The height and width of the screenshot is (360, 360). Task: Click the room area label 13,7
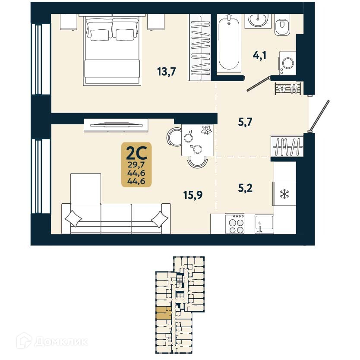pyautogui.click(x=166, y=72)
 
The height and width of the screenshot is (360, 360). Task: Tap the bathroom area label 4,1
pyautogui.click(x=259, y=55)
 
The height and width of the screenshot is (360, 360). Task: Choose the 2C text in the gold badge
pyautogui.click(x=136, y=152)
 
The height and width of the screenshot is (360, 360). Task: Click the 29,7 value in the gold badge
pyautogui.click(x=136, y=164)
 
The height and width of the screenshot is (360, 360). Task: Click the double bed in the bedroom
pyautogui.click(x=112, y=50)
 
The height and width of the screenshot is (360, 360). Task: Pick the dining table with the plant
pyautogui.click(x=197, y=139)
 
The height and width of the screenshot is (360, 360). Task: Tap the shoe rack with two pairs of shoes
pyautogui.click(x=287, y=88)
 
